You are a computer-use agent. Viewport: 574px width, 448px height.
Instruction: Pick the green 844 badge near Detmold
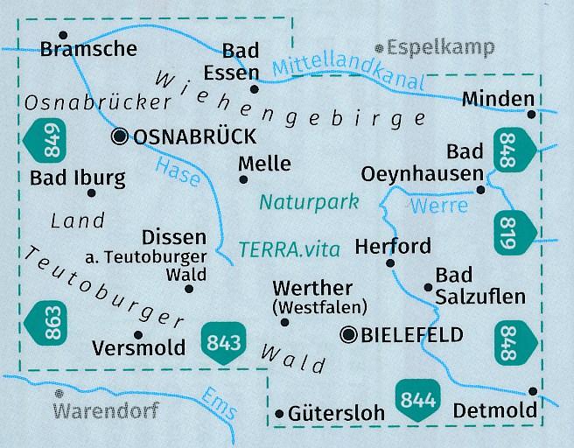pyautogui.click(x=416, y=396)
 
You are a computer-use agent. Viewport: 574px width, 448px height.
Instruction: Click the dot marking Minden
pyautogui.click(x=532, y=114)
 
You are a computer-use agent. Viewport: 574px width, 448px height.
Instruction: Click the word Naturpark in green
pyautogui.click(x=309, y=203)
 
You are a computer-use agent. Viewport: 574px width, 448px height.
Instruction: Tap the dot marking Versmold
pyautogui.click(x=136, y=334)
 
